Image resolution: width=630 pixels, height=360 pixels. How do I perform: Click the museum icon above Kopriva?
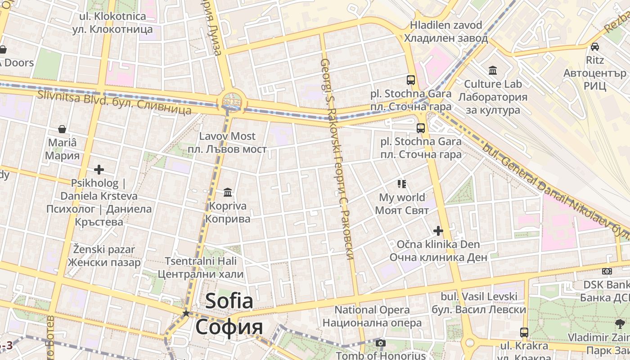click(228, 193)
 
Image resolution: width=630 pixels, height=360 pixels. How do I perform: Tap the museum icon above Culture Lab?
click(493, 70)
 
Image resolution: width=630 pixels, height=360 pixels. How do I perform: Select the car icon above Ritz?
click(594, 46)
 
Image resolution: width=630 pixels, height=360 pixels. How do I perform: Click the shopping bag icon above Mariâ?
click(62, 130)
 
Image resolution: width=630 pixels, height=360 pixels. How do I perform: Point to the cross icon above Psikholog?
click(99, 170)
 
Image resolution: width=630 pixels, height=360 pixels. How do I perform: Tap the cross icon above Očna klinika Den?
click(438, 231)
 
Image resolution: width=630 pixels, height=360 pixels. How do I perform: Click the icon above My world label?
click(402, 184)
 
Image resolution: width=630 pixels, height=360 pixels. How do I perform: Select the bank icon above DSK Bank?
click(607, 271)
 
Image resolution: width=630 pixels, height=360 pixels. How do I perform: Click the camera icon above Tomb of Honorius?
click(381, 343)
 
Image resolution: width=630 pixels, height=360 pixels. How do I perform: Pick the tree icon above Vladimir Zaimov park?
click(620, 324)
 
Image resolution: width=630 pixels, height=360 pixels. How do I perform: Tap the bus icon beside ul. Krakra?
click(524, 333)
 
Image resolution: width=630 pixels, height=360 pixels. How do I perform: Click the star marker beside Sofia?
click(185, 313)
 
